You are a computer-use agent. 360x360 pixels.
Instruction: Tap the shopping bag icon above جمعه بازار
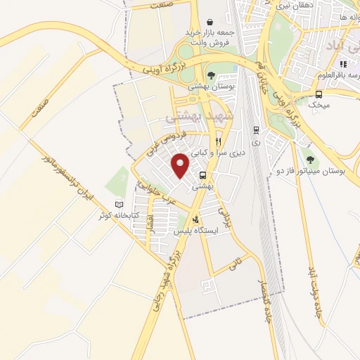[210, 22]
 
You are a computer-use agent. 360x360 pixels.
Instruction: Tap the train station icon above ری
[255, 130]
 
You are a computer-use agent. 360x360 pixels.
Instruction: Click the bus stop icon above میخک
[319, 94]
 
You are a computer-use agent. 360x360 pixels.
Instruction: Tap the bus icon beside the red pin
[203, 175]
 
